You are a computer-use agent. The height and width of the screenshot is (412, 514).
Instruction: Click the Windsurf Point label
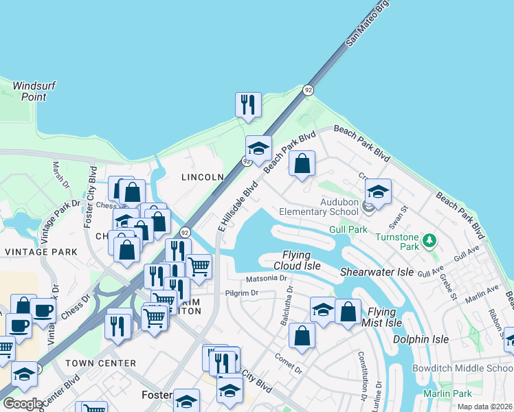click(33, 91)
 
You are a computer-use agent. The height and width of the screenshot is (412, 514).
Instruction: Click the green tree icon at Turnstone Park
click(430, 240)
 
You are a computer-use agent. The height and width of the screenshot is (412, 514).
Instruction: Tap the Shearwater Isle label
click(377, 272)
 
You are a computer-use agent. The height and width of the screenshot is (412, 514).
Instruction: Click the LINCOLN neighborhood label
click(202, 177)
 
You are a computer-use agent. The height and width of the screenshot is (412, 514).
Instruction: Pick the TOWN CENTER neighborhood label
click(100, 363)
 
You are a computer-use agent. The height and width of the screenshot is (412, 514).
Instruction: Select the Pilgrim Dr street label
click(240, 293)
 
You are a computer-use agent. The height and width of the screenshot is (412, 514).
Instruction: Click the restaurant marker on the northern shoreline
click(247, 104)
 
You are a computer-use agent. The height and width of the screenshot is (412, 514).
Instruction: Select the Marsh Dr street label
click(60, 176)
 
